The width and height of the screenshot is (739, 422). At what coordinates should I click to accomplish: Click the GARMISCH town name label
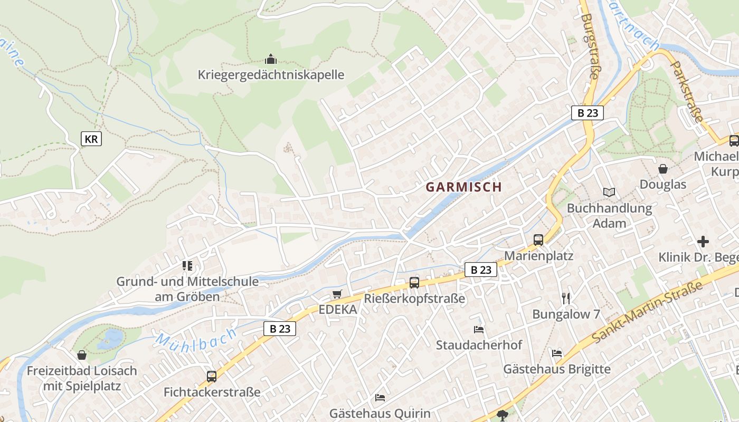tap(463, 187)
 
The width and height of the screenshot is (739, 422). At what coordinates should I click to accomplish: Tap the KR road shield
tap(91, 139)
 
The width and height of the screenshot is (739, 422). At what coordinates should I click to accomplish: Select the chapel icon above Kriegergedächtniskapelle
tap(271, 59)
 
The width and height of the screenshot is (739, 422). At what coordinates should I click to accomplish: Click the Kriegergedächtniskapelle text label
tap(271, 75)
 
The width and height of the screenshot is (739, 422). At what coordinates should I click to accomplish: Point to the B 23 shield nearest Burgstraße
tap(587, 113)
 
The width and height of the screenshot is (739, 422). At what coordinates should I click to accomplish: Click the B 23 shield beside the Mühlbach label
tap(280, 329)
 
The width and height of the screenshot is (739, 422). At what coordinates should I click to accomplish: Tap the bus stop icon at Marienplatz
tap(538, 240)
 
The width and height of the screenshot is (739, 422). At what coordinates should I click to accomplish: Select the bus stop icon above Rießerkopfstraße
tap(414, 283)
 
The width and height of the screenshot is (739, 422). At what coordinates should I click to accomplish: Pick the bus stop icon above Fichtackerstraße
tap(212, 376)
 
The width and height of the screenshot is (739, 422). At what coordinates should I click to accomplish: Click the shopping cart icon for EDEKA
tap(337, 294)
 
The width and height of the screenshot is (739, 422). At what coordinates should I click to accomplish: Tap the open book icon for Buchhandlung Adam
tap(609, 193)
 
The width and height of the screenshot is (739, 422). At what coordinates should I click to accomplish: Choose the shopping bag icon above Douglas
tap(663, 169)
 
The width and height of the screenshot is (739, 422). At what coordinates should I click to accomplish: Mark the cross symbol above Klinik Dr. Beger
tap(703, 242)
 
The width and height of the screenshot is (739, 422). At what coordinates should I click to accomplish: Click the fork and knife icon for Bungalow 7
tap(566, 299)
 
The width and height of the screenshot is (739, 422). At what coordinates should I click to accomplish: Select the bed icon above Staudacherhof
tap(479, 330)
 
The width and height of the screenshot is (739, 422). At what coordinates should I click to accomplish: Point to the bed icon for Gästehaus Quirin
tap(380, 397)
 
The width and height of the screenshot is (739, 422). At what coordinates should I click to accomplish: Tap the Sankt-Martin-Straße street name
tap(648, 311)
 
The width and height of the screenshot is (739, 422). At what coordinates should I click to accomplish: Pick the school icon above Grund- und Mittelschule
tap(187, 265)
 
